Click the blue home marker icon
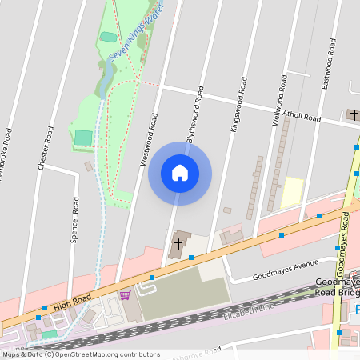coord(180,173)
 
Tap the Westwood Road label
coord(149,139)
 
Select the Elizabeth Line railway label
coord(249,309)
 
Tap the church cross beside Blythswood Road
coord(177,242)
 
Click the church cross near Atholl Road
coord(353,115)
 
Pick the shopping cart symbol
coord(124,295)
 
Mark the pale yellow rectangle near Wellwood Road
coord(292,193)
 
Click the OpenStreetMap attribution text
coord(80,354)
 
